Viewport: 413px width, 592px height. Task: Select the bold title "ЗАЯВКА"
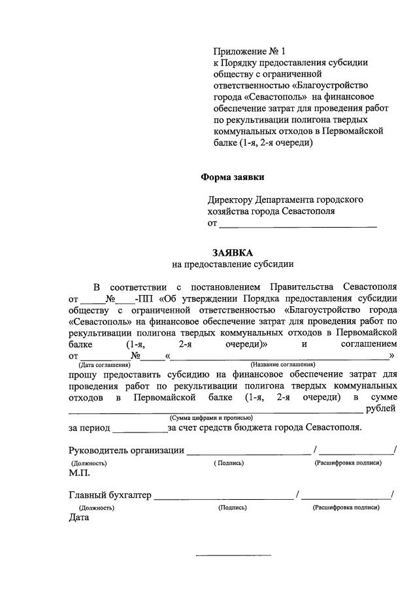(233, 252)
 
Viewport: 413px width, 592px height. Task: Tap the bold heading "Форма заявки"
(232, 177)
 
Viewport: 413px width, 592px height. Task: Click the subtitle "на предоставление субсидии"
(233, 264)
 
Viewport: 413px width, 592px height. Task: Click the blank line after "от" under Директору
(298, 225)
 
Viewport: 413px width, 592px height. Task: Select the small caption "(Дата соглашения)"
(100, 364)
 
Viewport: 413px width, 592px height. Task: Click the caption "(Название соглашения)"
(282, 364)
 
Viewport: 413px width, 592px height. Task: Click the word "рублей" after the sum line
(381, 409)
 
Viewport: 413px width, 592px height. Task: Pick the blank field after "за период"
(140, 428)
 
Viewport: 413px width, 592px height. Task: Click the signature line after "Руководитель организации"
(248, 451)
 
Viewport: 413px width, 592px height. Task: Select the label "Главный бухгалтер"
(110, 495)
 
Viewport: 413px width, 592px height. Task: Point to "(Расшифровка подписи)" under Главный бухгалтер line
(346, 507)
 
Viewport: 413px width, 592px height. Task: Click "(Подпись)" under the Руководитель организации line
(229, 462)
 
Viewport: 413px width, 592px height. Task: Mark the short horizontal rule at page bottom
(233, 556)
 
